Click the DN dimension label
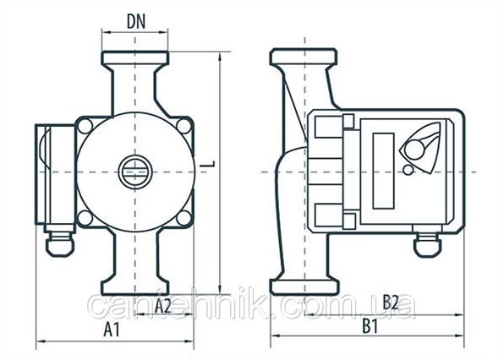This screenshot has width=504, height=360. coord(136,22)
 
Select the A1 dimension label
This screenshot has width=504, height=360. coord(112,330)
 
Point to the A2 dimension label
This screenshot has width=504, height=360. coord(163,305)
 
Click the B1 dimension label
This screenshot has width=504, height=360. coord(370,326)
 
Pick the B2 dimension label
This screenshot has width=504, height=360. coord(390,302)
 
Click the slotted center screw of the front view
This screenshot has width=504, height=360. coord(134,172)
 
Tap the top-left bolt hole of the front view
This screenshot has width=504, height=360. coord(85,126)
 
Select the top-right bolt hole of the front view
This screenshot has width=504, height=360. coord(184,126)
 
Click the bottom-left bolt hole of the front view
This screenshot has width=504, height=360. coord(85,218)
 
